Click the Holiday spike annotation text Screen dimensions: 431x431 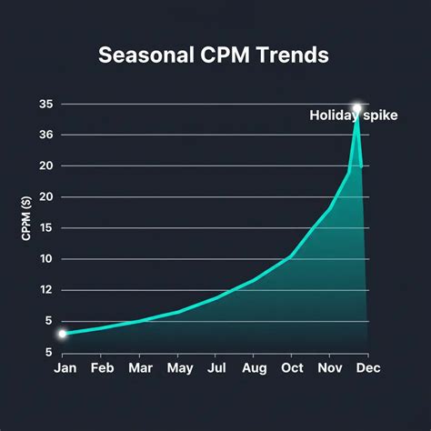[353, 115]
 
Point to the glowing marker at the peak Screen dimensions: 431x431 [357, 108]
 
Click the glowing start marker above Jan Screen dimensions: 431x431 [63, 334]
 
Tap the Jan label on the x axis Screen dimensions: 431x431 [65, 368]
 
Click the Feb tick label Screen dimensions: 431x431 [102, 368]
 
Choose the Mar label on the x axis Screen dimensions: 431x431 [140, 368]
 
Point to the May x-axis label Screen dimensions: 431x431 [178, 368]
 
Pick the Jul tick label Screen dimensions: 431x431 [216, 368]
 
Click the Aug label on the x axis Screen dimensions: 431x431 [255, 368]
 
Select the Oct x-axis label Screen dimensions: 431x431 [292, 368]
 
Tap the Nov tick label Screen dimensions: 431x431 [329, 368]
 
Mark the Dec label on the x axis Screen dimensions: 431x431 [367, 368]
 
